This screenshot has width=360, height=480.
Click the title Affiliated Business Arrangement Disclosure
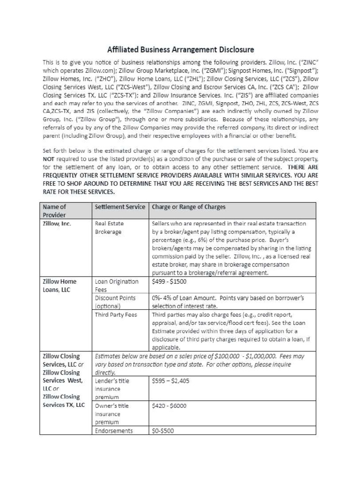pyautogui.click(x=180, y=49)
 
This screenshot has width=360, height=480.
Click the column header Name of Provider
pyautogui.click(x=54, y=210)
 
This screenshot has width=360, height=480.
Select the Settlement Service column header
pyautogui.click(x=120, y=207)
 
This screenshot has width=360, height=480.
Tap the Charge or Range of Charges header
pyautogui.click(x=189, y=207)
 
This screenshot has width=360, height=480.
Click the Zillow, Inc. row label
pyautogui.click(x=57, y=224)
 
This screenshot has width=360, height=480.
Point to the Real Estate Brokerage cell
pyautogui.click(x=109, y=228)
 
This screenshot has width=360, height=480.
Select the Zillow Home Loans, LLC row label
pyautogui.click(x=59, y=285)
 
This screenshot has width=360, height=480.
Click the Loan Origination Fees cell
pyautogui.click(x=117, y=285)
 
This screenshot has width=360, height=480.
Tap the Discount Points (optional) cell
pyautogui.click(x=115, y=302)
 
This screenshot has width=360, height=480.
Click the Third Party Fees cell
pyautogui.click(x=116, y=315)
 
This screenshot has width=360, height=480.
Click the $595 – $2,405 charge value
pyautogui.click(x=171, y=381)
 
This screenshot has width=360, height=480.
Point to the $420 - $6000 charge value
pyautogui.click(x=170, y=406)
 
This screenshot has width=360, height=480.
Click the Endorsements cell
pyautogui.click(x=114, y=431)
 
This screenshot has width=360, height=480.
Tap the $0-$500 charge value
pyautogui.click(x=163, y=431)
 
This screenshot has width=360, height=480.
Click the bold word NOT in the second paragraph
pyautogui.click(x=49, y=159)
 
